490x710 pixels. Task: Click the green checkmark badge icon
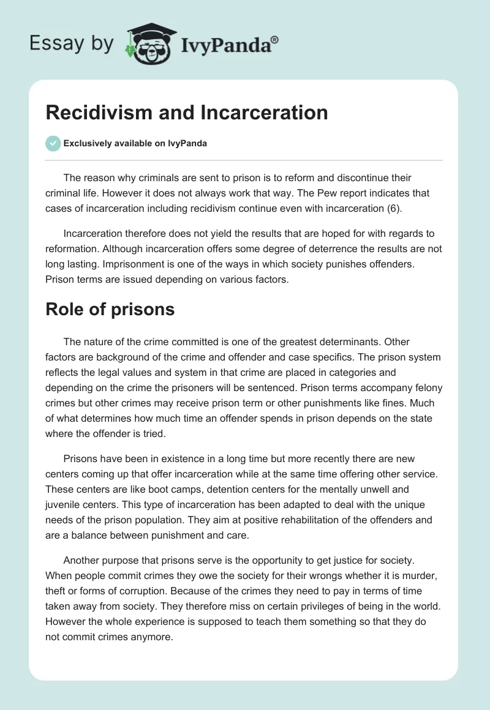click(x=53, y=143)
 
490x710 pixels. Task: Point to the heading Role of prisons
click(x=110, y=309)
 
